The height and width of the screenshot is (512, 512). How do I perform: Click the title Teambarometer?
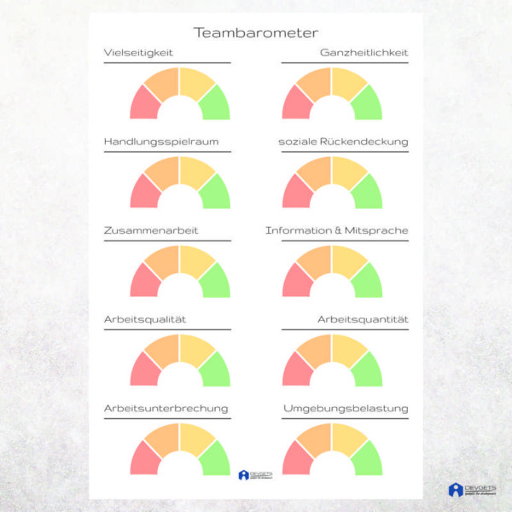[256, 33]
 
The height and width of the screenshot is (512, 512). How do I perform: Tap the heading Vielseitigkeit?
[138, 53]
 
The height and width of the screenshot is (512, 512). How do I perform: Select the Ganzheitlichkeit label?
[364, 53]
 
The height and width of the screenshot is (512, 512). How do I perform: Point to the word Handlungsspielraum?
[155, 142]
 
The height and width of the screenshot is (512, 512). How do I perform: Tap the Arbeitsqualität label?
[145, 319]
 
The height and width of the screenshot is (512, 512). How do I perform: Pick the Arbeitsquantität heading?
[363, 319]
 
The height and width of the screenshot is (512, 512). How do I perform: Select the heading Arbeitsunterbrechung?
[166, 408]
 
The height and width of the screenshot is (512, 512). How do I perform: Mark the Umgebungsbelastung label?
[346, 408]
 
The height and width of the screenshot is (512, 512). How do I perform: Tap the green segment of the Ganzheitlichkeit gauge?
[368, 104]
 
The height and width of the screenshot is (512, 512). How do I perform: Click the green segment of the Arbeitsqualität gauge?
[216, 370]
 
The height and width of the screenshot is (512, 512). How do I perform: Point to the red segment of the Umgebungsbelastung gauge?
[295, 459]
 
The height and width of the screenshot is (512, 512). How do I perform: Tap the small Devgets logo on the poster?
[255, 475]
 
